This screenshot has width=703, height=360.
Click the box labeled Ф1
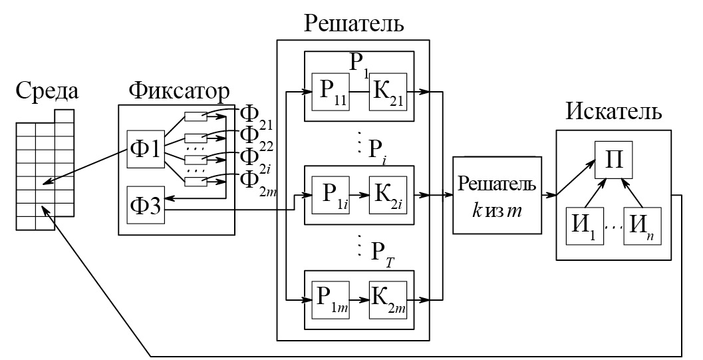click(144, 148)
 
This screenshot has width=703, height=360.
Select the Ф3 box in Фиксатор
click(144, 206)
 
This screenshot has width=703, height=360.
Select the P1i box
click(331, 197)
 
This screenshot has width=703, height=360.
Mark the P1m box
click(331, 297)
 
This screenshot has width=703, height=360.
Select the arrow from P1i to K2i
click(360, 197)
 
